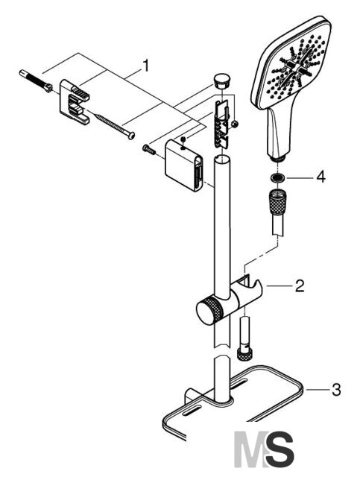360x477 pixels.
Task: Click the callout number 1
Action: [146, 66]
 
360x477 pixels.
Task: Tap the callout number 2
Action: [300, 285]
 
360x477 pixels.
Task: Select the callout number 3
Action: [336, 390]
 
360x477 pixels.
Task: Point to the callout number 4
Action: [320, 177]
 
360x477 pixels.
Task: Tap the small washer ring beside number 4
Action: [277, 177]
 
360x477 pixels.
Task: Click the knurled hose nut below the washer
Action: [277, 202]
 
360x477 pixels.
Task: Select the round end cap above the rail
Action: [222, 80]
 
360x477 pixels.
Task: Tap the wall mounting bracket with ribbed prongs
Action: [75, 101]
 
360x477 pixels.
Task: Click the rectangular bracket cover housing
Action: [183, 165]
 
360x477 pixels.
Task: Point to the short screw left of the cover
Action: [149, 149]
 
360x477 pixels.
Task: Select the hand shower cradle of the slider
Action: [247, 289]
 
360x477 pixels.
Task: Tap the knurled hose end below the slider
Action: [245, 354]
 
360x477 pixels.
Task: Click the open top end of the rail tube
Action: [221, 159]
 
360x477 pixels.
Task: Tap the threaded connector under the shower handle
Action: [277, 158]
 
